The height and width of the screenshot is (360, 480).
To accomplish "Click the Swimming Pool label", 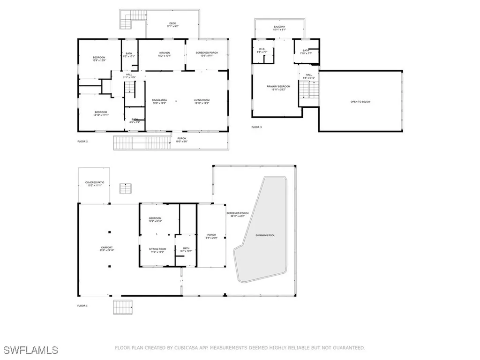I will (265, 235).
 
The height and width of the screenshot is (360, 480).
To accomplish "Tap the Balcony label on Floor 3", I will (279, 28).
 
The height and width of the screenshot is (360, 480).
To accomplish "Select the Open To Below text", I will (360, 102).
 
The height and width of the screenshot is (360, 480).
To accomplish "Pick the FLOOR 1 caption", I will (82, 306).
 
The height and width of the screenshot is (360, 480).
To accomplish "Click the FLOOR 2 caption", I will (82, 141).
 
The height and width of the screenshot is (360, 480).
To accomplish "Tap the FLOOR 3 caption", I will (256, 127).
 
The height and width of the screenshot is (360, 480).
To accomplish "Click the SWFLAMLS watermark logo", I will (31, 350).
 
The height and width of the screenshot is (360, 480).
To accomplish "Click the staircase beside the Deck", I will (127, 21).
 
